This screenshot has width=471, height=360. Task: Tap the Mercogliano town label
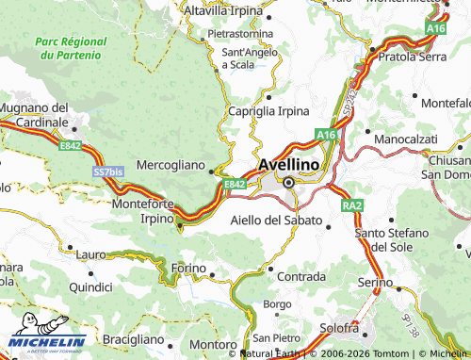point(171,165)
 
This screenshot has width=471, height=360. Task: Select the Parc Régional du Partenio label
point(67,49)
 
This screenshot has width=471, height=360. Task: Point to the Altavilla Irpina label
point(225,10)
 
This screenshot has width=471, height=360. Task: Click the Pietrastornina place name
point(240,33)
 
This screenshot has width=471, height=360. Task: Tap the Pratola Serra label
point(412,57)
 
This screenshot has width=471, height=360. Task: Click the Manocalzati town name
point(403,139)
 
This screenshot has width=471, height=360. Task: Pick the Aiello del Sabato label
point(276,221)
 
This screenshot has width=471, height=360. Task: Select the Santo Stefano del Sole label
point(391,239)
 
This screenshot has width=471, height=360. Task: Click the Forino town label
point(188,270)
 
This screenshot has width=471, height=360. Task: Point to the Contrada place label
point(302,277)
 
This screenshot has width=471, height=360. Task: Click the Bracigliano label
point(133,338)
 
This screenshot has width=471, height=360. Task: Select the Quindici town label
point(90,286)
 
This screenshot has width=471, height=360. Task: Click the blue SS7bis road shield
point(107,172)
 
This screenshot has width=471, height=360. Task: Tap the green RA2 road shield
point(352,205)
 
